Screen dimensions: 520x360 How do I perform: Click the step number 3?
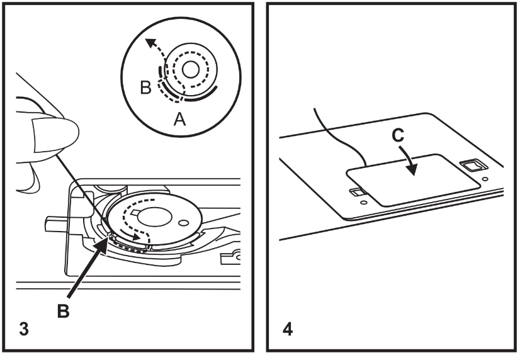[24, 329]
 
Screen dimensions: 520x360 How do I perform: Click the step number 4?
[288, 329]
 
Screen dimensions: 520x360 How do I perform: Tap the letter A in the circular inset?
[180, 119]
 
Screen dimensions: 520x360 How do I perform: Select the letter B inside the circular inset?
[146, 88]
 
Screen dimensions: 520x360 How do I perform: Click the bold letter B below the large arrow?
[63, 312]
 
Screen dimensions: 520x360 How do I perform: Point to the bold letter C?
[398, 135]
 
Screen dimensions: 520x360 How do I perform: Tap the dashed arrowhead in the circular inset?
[151, 42]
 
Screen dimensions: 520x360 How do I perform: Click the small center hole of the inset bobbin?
[191, 70]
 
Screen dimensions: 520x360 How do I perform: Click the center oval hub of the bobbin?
[154, 218]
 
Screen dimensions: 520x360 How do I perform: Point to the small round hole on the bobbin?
[183, 222]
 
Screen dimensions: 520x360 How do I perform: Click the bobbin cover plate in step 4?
[413, 180]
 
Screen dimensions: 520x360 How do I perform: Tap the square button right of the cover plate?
[472, 165]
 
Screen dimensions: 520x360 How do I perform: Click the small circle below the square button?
[485, 179]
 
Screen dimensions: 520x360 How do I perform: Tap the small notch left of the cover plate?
[358, 192]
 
